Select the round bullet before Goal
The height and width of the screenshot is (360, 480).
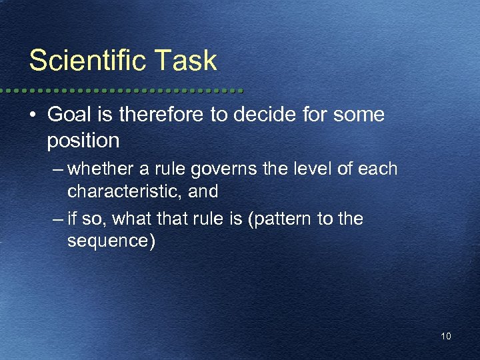click(33, 115)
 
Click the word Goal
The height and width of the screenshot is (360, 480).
click(69, 115)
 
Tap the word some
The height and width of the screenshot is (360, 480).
click(359, 115)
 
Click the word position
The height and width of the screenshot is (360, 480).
click(83, 141)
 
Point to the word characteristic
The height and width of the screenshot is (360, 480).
click(124, 192)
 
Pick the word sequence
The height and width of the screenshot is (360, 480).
click(111, 241)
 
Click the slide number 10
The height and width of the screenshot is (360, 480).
click(445, 337)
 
